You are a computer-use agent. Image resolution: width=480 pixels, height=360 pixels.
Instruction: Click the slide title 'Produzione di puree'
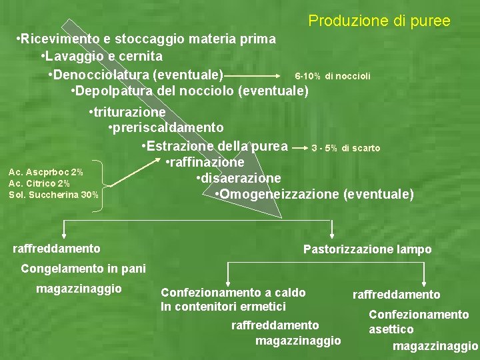click(379, 21)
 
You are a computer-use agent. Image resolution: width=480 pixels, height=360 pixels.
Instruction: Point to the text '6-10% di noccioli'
click(332, 76)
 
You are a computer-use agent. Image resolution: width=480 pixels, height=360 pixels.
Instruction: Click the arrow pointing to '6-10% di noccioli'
click(254, 74)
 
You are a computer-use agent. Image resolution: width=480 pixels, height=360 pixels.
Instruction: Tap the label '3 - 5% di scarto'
click(345, 148)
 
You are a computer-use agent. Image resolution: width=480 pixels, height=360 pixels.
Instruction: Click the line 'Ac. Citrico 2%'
click(39, 183)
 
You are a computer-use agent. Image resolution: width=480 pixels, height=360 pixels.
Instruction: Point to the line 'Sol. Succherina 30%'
click(53, 195)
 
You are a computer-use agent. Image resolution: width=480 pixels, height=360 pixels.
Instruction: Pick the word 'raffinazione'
click(205, 162)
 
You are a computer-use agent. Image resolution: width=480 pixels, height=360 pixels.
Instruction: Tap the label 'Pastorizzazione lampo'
click(367, 249)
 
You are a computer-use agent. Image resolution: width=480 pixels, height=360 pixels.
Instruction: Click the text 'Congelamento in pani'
click(83, 269)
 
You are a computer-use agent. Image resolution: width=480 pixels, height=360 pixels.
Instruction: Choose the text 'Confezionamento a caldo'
click(233, 292)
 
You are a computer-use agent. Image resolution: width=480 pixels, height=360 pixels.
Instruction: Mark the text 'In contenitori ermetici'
click(223, 306)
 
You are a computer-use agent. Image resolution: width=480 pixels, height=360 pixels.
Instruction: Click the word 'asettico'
click(391, 329)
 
